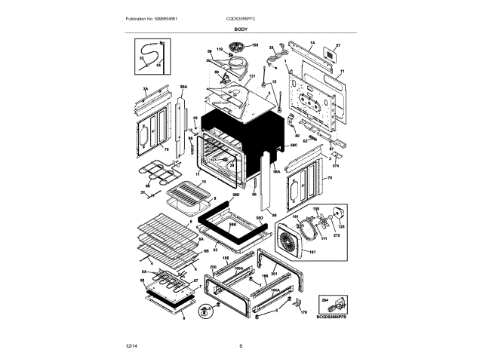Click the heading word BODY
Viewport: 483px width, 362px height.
[241, 29]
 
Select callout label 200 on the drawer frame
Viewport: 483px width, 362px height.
[213, 267]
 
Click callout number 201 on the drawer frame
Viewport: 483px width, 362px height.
[275, 273]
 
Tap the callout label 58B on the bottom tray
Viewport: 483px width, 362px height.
[232, 225]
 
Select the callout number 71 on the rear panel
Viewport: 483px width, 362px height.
[341, 69]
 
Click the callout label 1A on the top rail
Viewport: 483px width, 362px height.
[312, 44]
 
